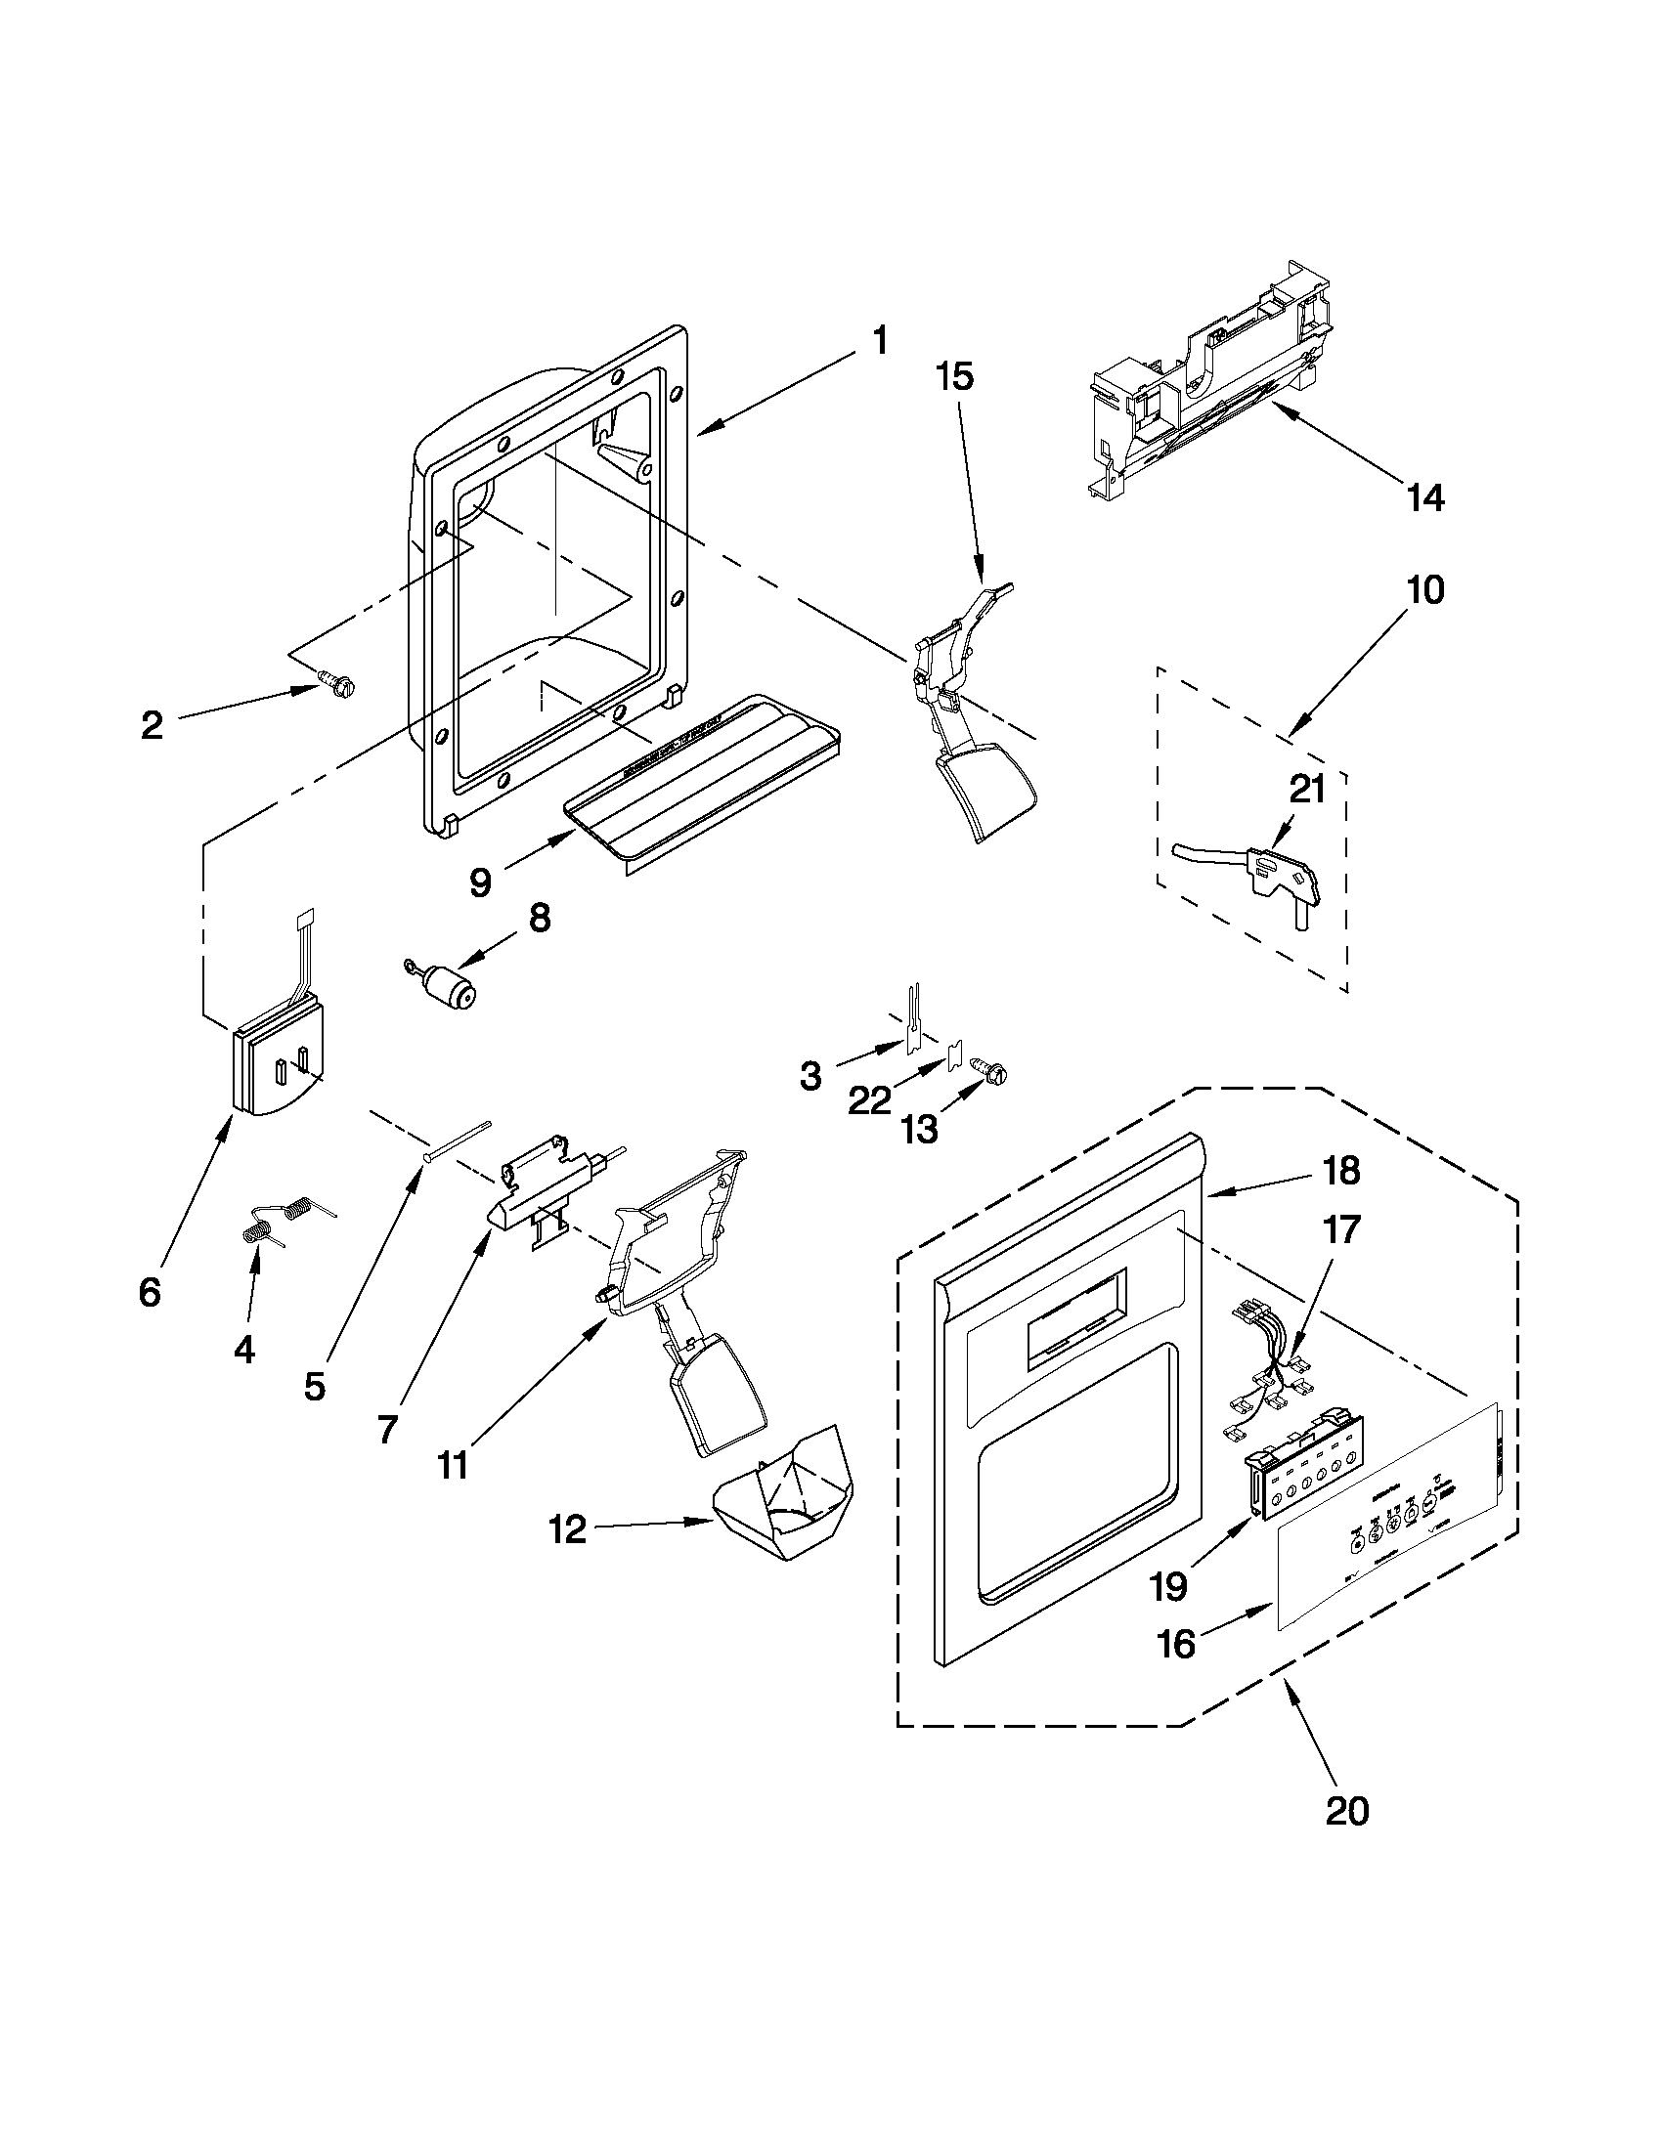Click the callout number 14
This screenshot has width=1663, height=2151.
coord(1424,498)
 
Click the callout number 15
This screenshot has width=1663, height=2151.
coord(953,376)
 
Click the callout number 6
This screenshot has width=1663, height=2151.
coord(149,1291)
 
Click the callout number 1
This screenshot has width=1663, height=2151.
coord(879,342)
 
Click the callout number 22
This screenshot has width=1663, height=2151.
coord(869,1100)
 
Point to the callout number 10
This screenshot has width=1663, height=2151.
coord(1424,590)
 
